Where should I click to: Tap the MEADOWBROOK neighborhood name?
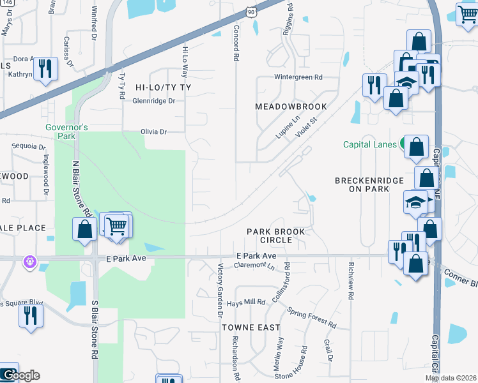(291, 107)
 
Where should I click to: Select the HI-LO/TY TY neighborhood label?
(163, 87)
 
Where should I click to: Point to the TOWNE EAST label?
(251, 327)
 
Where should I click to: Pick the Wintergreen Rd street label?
(298, 77)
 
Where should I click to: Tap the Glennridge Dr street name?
(153, 101)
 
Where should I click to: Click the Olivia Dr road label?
(153, 132)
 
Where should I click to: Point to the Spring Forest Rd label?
(312, 315)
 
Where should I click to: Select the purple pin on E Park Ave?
(29, 261)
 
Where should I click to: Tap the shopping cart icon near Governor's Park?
(116, 225)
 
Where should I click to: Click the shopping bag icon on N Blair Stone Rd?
(84, 229)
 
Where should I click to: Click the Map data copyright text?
(451, 379)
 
